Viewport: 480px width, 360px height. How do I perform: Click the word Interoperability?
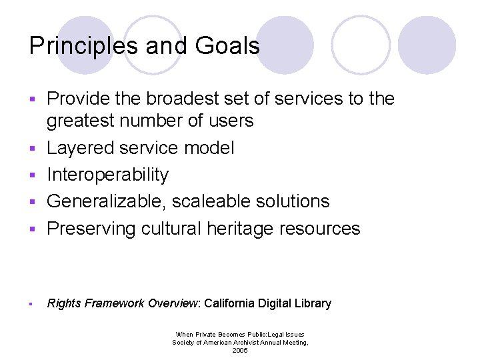point(107,175)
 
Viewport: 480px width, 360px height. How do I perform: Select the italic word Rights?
point(64,303)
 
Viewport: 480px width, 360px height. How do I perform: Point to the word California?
point(229,303)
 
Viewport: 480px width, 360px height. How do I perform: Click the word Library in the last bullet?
point(313,303)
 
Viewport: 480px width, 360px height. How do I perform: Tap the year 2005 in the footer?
point(240,351)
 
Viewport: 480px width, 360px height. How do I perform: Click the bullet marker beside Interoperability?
point(31,175)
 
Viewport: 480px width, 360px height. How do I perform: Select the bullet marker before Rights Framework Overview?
point(31,304)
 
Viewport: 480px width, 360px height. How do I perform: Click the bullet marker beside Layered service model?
point(31,148)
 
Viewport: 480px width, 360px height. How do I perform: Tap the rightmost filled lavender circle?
point(427,45)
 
